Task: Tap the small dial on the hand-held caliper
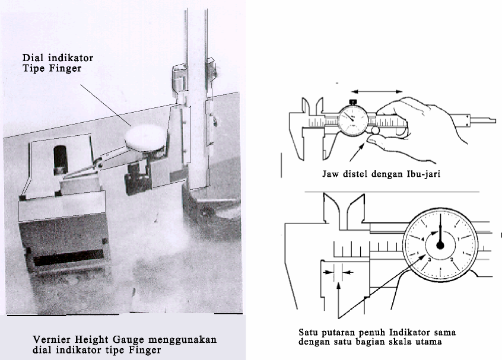[357, 119]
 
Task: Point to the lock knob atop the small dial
[354, 102]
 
